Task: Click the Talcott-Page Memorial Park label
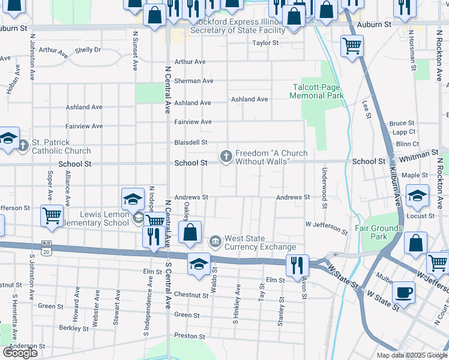[316, 91]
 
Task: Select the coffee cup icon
[403, 292]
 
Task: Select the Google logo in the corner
[20, 353]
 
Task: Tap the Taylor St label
[265, 43]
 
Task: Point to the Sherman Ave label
[194, 81]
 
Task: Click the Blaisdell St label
[191, 143]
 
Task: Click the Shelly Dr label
[88, 50]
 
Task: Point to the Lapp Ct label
[404, 132]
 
